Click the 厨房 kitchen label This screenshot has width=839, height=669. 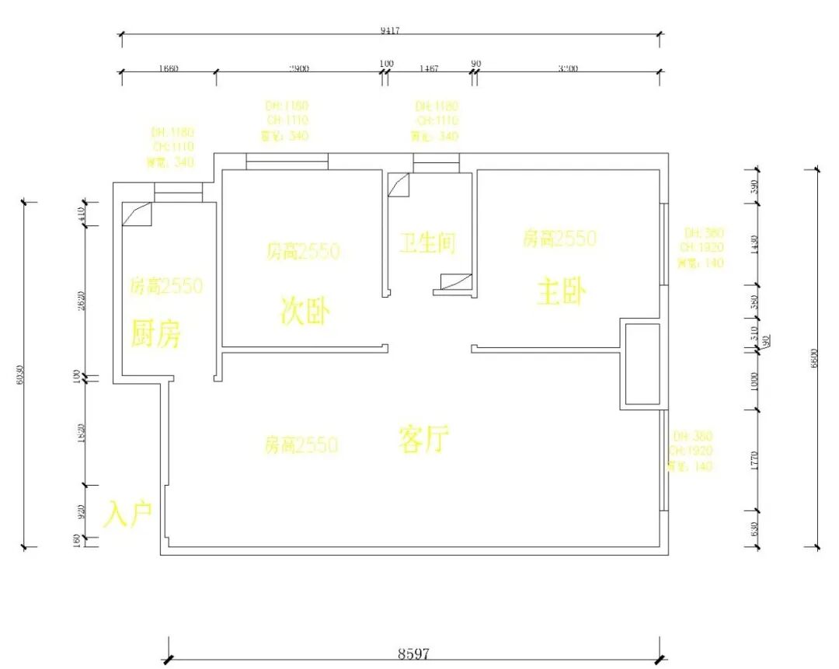click(x=156, y=334)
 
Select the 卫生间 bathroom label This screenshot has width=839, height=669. click(x=427, y=243)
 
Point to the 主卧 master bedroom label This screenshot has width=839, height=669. click(x=562, y=293)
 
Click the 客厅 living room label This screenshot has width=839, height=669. click(x=424, y=440)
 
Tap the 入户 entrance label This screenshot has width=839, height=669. click(x=128, y=514)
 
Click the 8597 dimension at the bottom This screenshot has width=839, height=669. click(x=413, y=653)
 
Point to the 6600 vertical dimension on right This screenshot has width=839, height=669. click(x=814, y=357)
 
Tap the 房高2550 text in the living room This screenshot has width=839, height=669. click(x=301, y=445)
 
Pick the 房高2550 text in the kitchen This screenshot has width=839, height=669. click(x=165, y=286)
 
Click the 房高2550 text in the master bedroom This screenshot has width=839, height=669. click(x=559, y=238)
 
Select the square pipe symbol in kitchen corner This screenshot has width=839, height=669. click(x=136, y=214)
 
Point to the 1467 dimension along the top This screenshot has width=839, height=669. click(x=428, y=68)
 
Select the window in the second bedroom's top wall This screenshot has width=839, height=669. click(x=287, y=162)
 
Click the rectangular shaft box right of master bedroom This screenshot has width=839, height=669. click(x=642, y=364)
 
